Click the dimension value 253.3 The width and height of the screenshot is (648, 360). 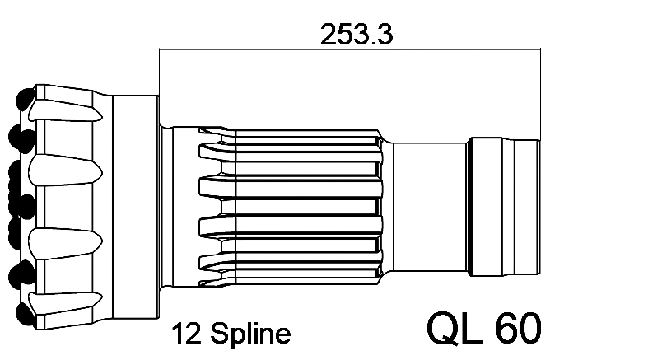pyautogui.click(x=357, y=34)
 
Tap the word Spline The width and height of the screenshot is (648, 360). pyautogui.click(x=250, y=333)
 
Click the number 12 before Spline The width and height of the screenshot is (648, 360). pyautogui.click(x=186, y=333)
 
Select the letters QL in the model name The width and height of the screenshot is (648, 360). pyautogui.click(x=455, y=328)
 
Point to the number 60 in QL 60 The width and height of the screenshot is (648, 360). pyautogui.click(x=520, y=328)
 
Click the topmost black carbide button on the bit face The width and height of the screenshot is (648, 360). pyautogui.click(x=26, y=99)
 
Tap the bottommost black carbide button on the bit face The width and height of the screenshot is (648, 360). pyautogui.click(x=26, y=314)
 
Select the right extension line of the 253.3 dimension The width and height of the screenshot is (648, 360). pyautogui.click(x=540, y=94)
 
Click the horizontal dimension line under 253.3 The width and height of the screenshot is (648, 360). pyautogui.click(x=350, y=49)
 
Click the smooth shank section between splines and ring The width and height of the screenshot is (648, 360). pyautogui.click(x=429, y=207)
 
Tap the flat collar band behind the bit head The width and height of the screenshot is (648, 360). pyautogui.click(x=136, y=207)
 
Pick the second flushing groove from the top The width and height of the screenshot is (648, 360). pyautogui.click(x=65, y=170)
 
